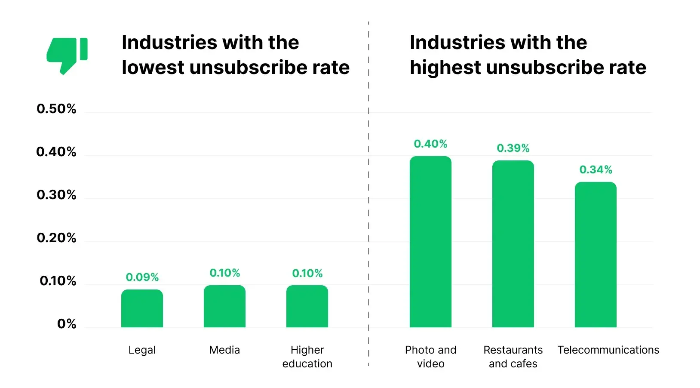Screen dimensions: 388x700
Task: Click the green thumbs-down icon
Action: pyautogui.click(x=67, y=55)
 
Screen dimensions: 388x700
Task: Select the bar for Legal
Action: pyautogui.click(x=142, y=308)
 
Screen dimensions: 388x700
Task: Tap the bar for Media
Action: pyautogui.click(x=224, y=306)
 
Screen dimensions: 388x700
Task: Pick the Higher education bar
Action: pyautogui.click(x=307, y=306)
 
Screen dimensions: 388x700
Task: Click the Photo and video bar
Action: pyautogui.click(x=430, y=242)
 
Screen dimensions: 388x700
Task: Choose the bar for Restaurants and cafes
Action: pyautogui.click(x=513, y=244)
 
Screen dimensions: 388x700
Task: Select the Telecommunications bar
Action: pyautogui.click(x=596, y=255)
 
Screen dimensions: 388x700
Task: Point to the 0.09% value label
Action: pyautogui.click(x=142, y=277)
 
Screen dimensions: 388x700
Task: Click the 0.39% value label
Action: pyautogui.click(x=513, y=148)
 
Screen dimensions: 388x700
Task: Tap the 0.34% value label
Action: pyautogui.click(x=596, y=169)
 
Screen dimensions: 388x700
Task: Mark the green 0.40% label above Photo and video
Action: pyautogui.click(x=430, y=144)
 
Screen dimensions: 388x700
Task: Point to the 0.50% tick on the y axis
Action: pyautogui.click(x=56, y=109)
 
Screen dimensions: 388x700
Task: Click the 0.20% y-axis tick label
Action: pyautogui.click(x=56, y=238)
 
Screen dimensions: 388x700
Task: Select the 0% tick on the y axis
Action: pyautogui.click(x=67, y=324)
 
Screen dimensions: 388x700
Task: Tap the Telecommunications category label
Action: pyautogui.click(x=608, y=350)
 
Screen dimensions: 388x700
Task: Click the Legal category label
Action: pyautogui.click(x=142, y=350)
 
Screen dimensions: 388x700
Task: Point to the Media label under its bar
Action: pyautogui.click(x=224, y=350)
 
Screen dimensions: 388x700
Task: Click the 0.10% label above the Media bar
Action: pyautogui.click(x=224, y=273)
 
